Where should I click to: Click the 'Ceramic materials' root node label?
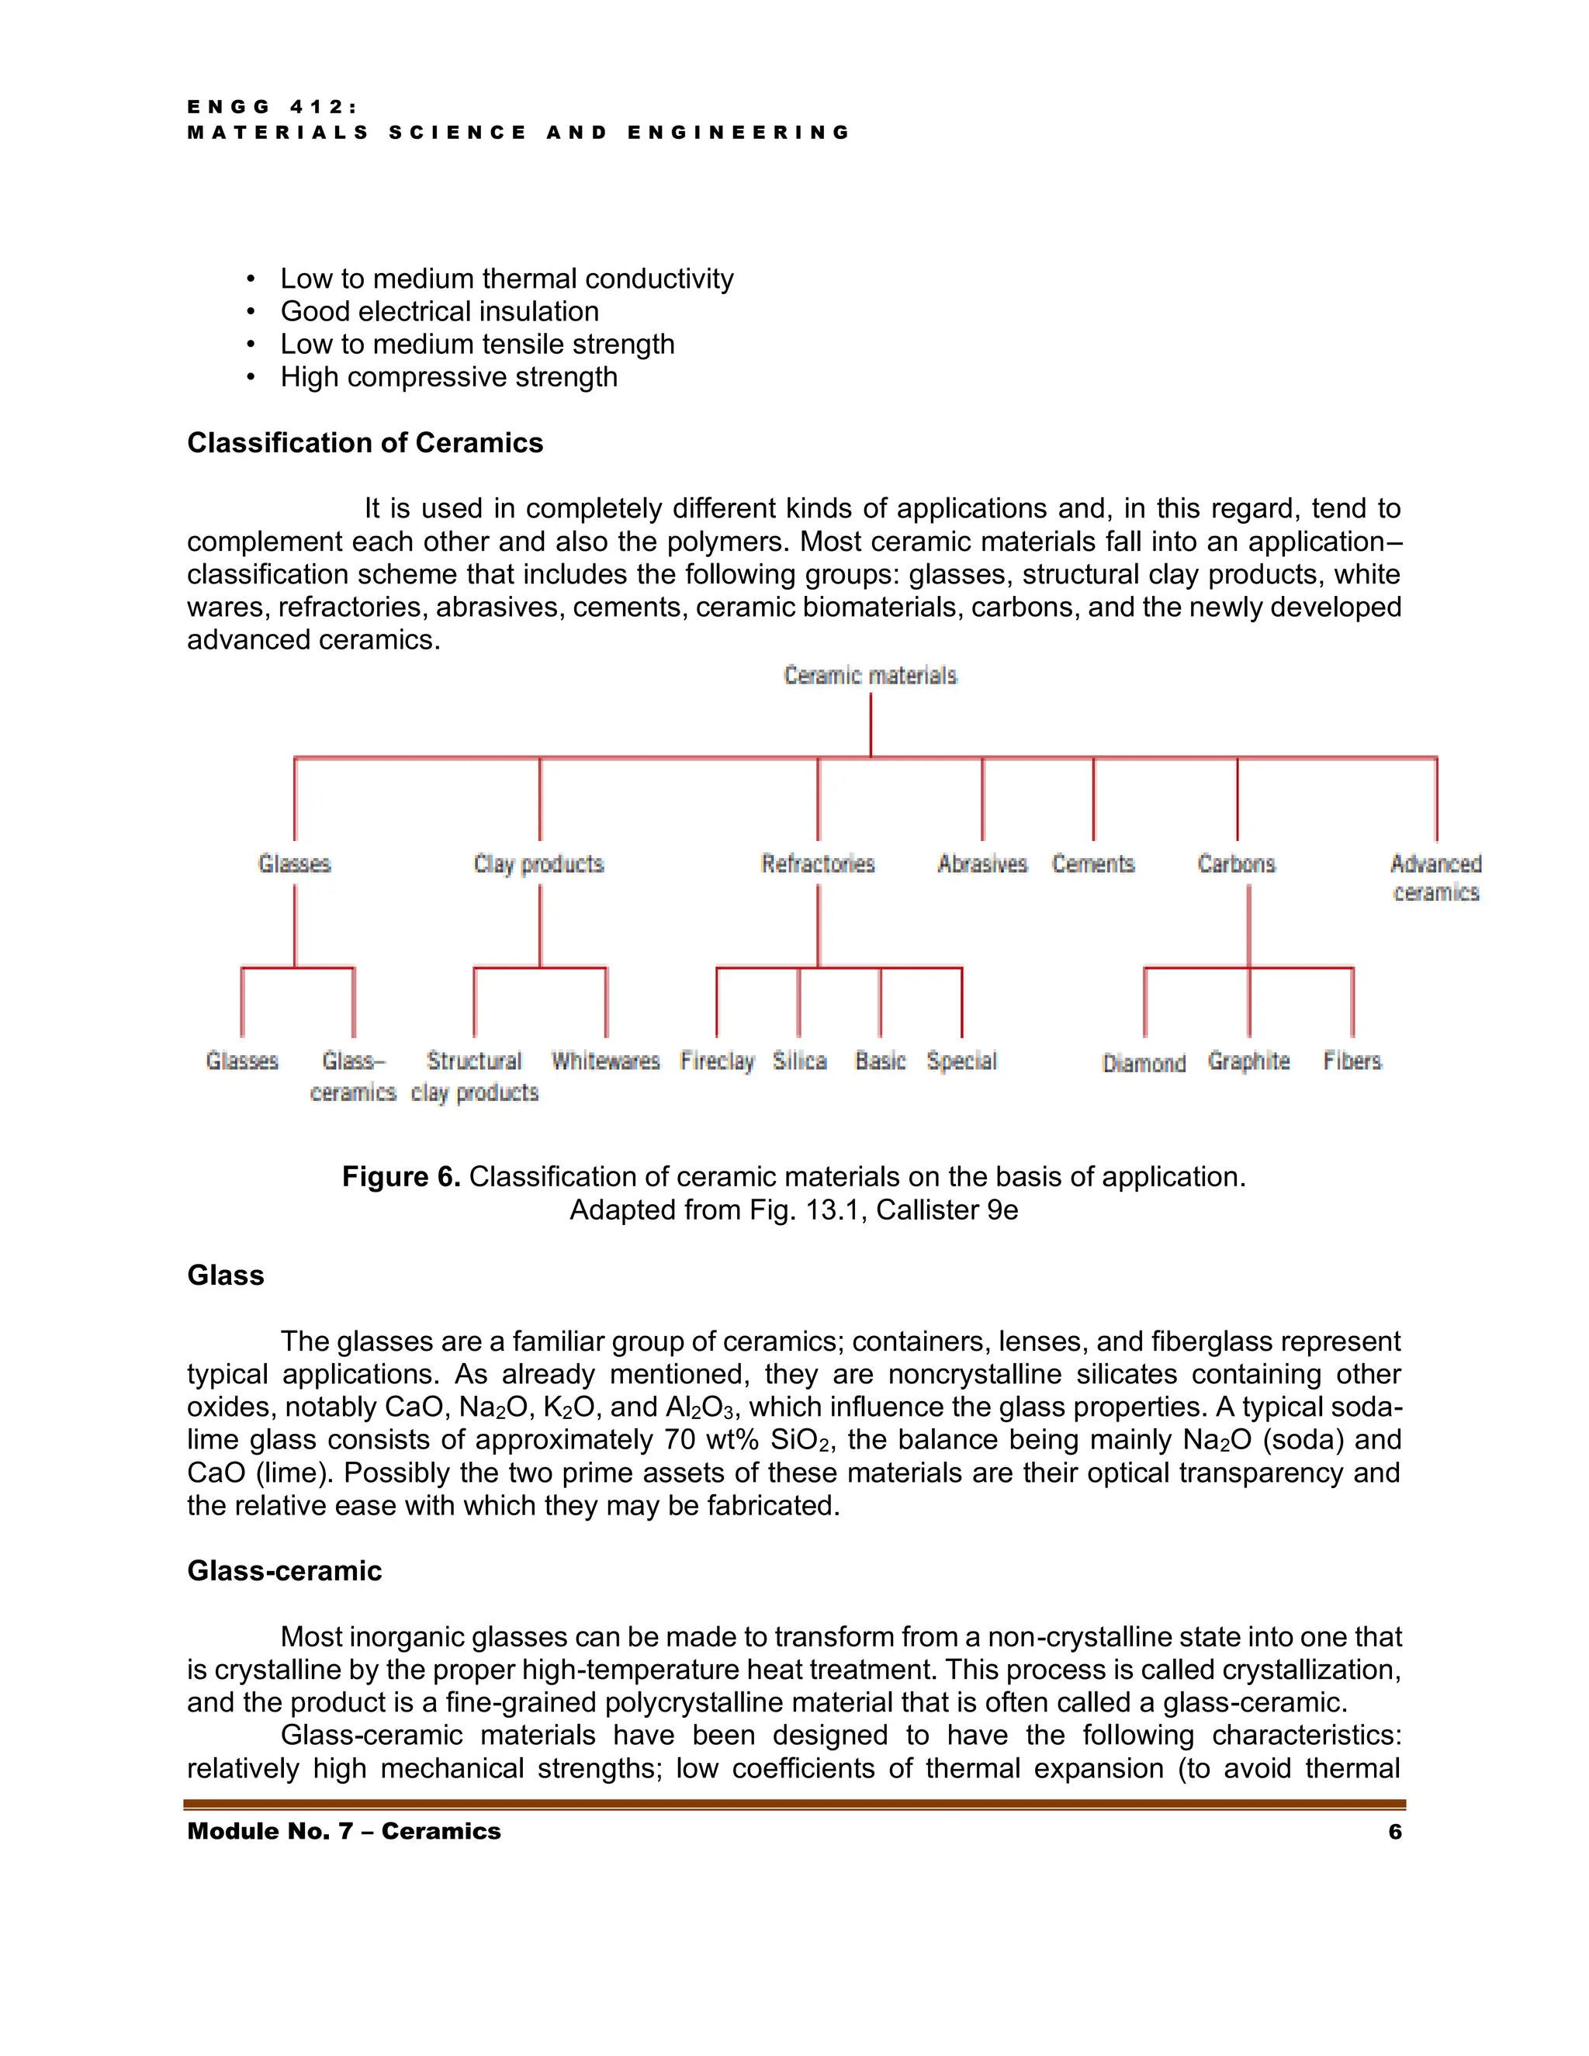click(870, 675)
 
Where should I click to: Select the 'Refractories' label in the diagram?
click(817, 864)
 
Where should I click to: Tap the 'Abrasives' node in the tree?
click(981, 864)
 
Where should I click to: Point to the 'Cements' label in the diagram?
click(1093, 864)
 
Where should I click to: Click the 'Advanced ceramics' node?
click(1435, 877)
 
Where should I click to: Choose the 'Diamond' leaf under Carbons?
click(1143, 1063)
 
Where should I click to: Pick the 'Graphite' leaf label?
click(1248, 1061)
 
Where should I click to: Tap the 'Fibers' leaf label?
click(1352, 1061)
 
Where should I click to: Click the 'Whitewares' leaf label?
click(605, 1061)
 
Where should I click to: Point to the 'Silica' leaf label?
click(799, 1061)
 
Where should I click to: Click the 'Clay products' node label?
click(538, 864)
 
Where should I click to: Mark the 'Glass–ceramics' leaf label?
click(353, 1076)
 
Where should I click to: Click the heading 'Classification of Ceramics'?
click(365, 442)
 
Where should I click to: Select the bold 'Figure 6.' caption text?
click(400, 1177)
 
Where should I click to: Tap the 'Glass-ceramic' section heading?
click(284, 1570)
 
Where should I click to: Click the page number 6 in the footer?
click(1394, 1831)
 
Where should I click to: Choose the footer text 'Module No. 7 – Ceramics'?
click(344, 1831)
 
